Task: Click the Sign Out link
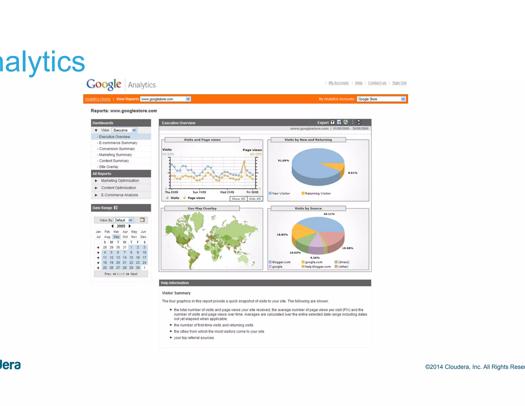pos(399,83)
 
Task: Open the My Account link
pos(338,83)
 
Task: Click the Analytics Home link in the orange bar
pos(98,99)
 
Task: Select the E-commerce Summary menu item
pos(118,143)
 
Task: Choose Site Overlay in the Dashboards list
pos(109,167)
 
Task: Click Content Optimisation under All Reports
pos(118,188)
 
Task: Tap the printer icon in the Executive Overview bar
pos(359,122)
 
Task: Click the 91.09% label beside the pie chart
pos(283,161)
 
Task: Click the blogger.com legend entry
pos(281,262)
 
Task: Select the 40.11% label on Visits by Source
pos(329,214)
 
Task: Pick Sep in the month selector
pos(116,237)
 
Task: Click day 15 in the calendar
pos(131,257)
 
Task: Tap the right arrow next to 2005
pos(130,226)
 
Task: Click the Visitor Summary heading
pos(176,293)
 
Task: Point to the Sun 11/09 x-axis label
pos(199,192)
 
